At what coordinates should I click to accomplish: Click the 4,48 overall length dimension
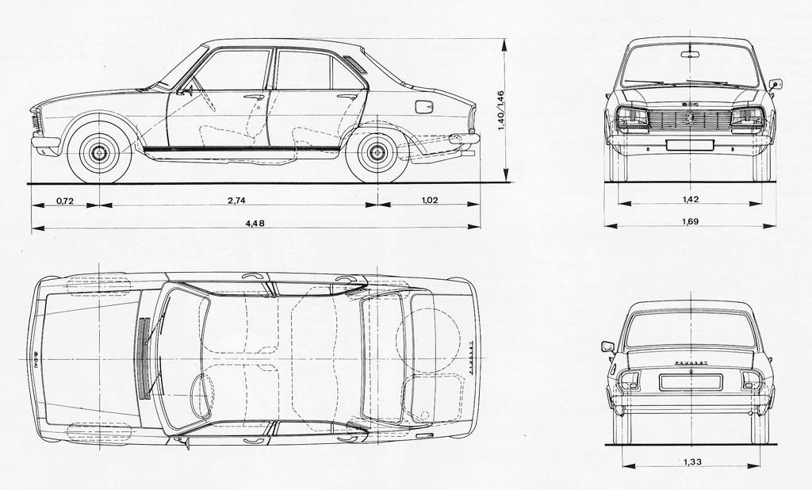point(255,223)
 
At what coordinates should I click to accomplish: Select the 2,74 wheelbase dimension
point(236,201)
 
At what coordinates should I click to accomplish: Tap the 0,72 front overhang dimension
point(65,201)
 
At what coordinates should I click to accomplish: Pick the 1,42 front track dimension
point(689,199)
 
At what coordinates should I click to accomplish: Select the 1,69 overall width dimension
point(689,221)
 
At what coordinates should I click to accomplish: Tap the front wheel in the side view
point(99,152)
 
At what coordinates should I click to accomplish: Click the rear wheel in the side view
point(377,152)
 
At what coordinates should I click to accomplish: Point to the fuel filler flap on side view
point(424,106)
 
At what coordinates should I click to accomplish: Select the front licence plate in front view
point(689,144)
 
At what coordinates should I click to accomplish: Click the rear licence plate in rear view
point(691,382)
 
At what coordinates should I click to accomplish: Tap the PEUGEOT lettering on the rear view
point(691,362)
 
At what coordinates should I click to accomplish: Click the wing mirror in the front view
point(776,83)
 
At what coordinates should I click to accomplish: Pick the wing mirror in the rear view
point(607,346)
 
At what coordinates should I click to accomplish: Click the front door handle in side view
point(254,97)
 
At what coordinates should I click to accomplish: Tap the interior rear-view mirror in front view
point(690,55)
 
